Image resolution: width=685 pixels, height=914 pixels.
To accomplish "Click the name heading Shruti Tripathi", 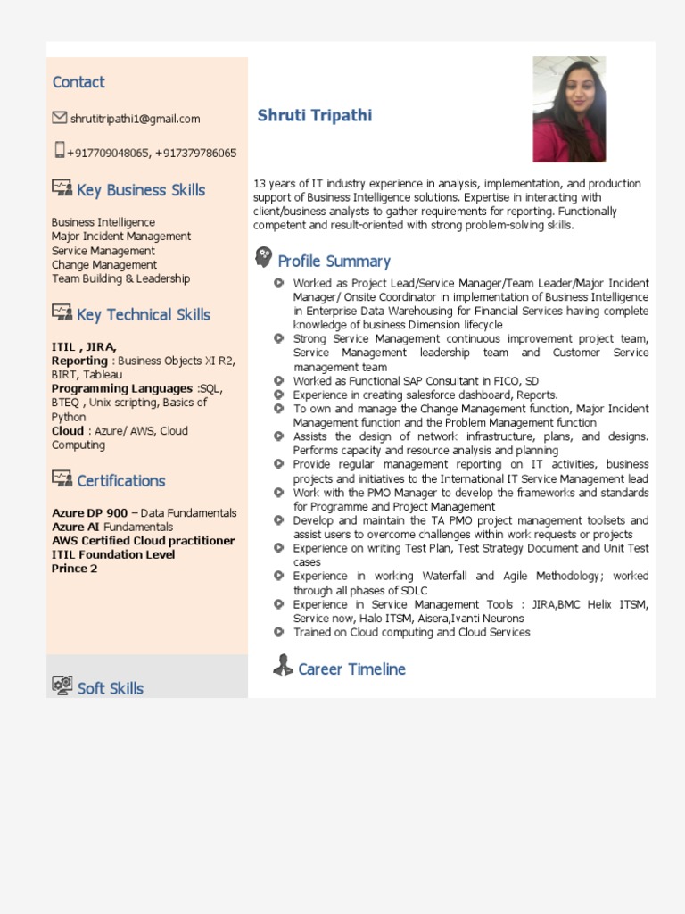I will pyautogui.click(x=315, y=115).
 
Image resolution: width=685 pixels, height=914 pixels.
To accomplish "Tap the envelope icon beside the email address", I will pyautogui.click(x=60, y=118).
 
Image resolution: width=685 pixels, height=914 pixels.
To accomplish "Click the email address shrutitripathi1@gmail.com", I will pyautogui.click(x=135, y=119).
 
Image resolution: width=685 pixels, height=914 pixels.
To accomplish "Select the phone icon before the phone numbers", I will pyautogui.click(x=60, y=150).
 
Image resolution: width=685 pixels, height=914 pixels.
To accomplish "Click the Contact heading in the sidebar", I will pyautogui.click(x=78, y=82).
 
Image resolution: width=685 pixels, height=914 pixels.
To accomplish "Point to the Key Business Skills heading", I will pyautogui.click(x=141, y=190).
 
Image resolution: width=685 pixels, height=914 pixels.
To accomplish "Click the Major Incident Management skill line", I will pyautogui.click(x=121, y=237).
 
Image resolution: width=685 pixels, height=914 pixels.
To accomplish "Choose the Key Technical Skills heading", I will pyautogui.click(x=144, y=315).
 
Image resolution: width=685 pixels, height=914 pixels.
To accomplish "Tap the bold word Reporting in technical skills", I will pyautogui.click(x=79, y=361).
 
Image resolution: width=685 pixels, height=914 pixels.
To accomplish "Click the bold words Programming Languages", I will pyautogui.click(x=122, y=388).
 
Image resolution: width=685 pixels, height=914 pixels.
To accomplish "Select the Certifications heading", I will pyautogui.click(x=121, y=481).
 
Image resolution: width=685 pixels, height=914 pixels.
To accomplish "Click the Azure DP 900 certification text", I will pyautogui.click(x=89, y=513).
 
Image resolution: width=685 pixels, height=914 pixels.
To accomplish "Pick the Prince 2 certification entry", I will pyautogui.click(x=75, y=569).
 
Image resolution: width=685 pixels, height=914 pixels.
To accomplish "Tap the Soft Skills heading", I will pyautogui.click(x=111, y=688).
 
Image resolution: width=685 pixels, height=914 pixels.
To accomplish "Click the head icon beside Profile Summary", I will pyautogui.click(x=263, y=258).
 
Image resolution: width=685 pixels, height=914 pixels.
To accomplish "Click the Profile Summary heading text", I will pyautogui.click(x=334, y=262).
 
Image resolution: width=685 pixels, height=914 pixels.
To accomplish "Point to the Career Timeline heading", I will pyautogui.click(x=351, y=669).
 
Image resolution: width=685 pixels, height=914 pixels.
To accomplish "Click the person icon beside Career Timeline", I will pyautogui.click(x=283, y=666).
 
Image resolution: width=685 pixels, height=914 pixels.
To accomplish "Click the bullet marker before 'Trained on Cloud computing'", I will pyautogui.click(x=278, y=632).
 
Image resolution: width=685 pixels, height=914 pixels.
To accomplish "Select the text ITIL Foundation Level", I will pyautogui.click(x=113, y=554).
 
